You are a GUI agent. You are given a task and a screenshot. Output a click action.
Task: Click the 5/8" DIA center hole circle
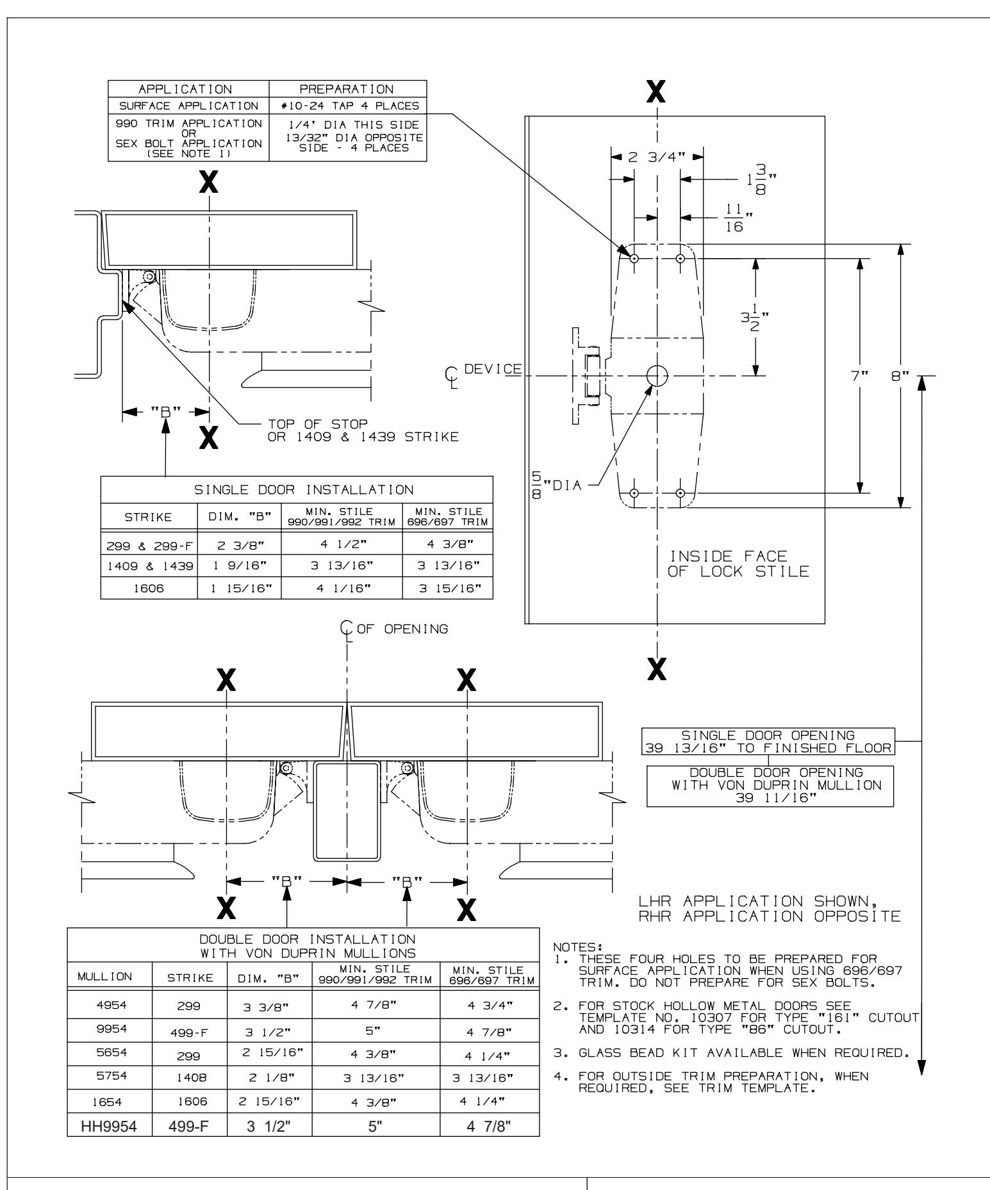point(657,376)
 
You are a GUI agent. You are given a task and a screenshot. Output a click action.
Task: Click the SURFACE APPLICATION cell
point(188,106)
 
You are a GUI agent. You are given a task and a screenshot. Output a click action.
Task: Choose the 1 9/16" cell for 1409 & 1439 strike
point(239,566)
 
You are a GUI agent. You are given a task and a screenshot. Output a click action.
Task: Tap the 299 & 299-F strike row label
point(149,545)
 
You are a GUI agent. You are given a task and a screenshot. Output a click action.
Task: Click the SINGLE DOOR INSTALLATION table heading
point(297,490)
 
